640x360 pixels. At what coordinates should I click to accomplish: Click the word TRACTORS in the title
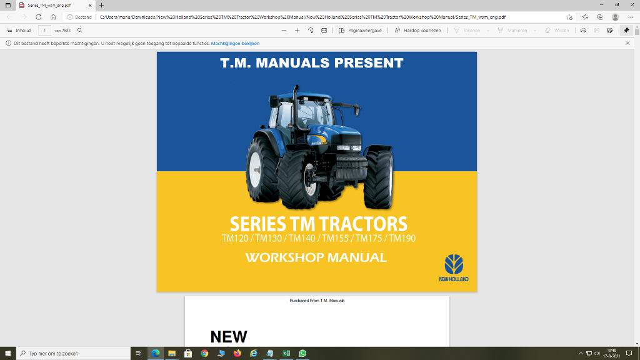362,224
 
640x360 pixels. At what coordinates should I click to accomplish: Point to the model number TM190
402,238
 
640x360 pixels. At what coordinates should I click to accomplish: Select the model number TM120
235,238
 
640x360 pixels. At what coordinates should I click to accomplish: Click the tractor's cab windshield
311,114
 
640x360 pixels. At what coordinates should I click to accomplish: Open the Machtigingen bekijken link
235,43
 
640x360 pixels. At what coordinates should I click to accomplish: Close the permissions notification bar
627,43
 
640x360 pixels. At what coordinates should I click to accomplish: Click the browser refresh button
39,17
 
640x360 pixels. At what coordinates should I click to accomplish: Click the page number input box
45,30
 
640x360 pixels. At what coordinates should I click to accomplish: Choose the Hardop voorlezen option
418,30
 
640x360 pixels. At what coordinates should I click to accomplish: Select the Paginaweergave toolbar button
361,30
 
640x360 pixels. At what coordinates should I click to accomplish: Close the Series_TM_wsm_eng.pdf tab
90,5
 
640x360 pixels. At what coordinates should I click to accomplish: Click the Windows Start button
7,353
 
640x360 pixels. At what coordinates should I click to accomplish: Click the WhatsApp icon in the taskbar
302,353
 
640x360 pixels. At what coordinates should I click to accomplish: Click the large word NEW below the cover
229,336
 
